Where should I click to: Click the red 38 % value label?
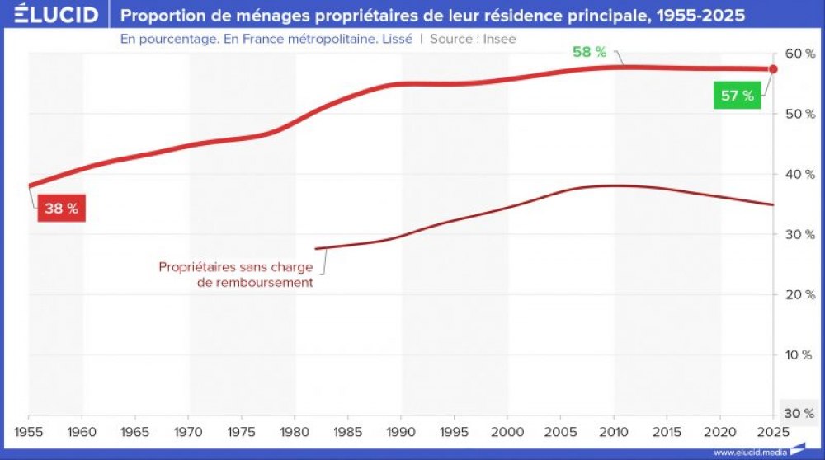coord(61,209)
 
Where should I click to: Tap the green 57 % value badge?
coord(737,96)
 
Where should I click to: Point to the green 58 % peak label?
coord(589,52)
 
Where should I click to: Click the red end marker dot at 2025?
coord(773,69)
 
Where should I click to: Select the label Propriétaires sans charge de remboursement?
coord(236,275)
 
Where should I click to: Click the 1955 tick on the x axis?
coord(30,431)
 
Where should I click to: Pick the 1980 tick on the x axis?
coord(295,431)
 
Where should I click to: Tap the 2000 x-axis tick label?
coord(507,431)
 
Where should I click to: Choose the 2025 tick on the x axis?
coord(772,431)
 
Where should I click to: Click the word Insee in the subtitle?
coord(499,39)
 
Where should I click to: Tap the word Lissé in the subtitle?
coord(395,39)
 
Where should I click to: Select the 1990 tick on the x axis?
coord(401,431)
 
